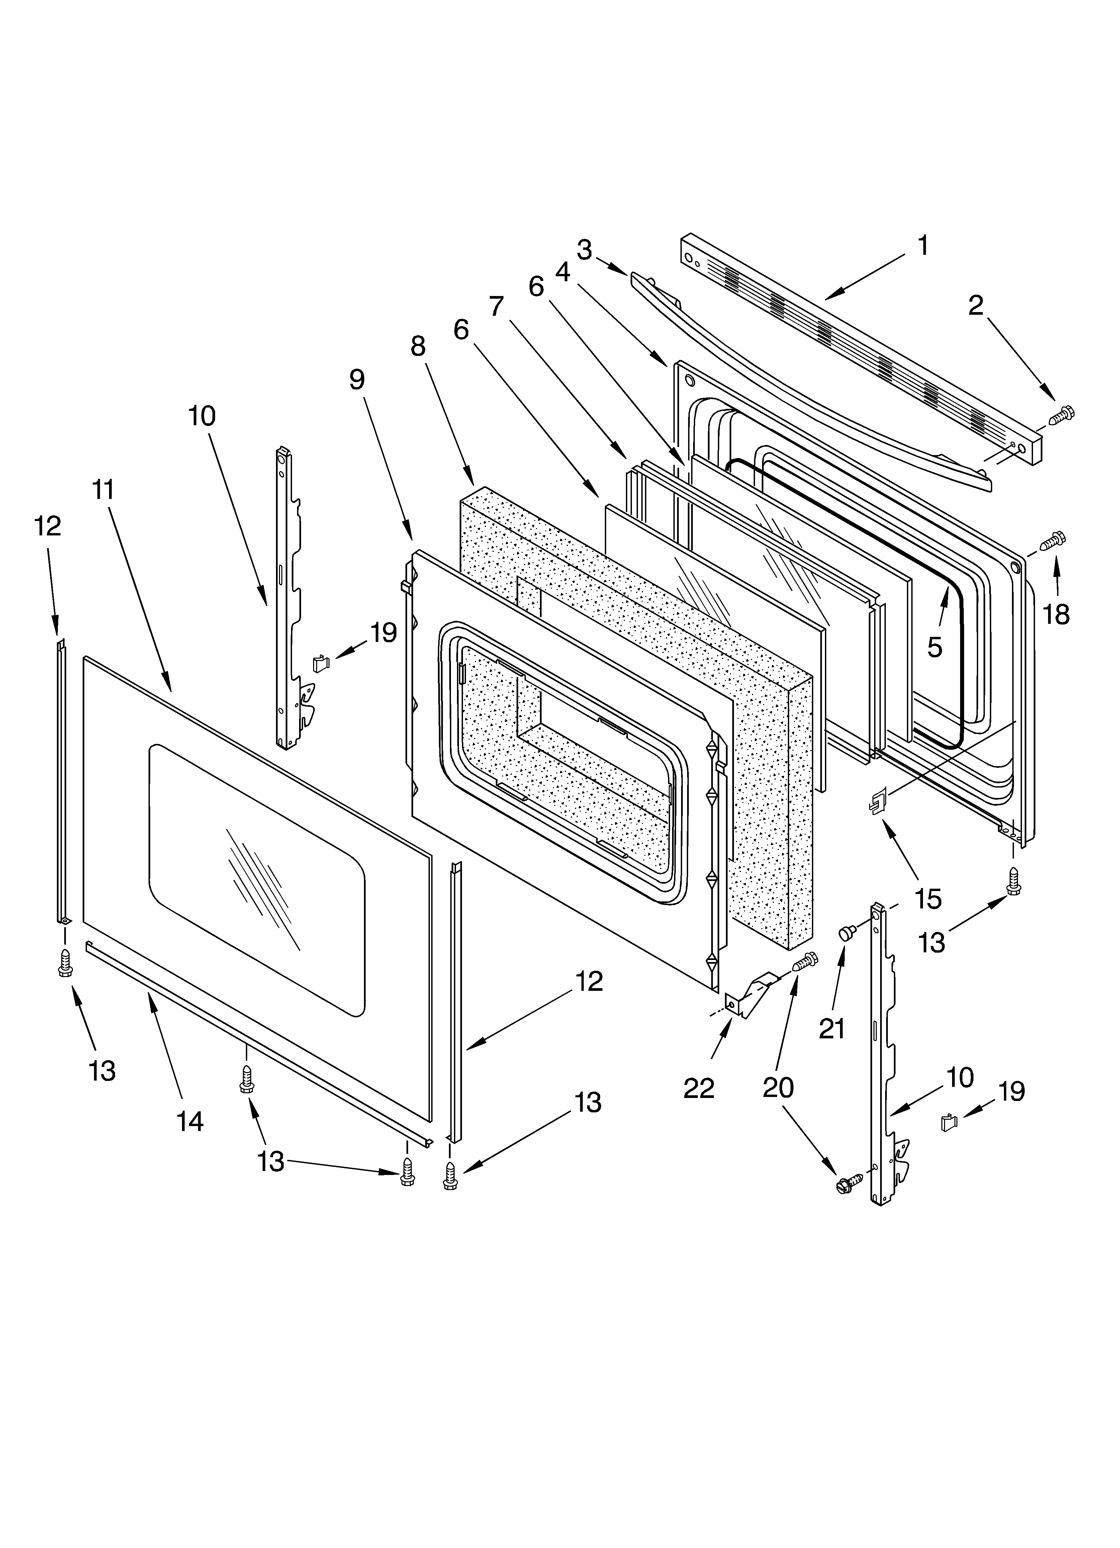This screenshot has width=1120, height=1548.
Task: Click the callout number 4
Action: click(x=563, y=272)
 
